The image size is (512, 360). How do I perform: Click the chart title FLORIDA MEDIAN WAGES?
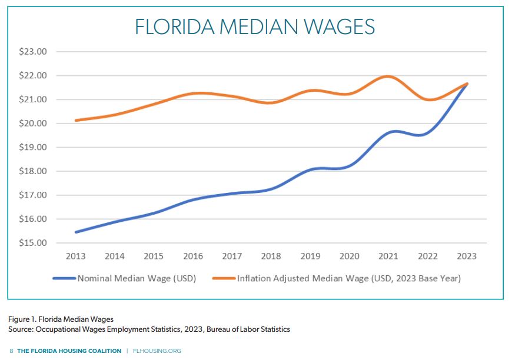255,27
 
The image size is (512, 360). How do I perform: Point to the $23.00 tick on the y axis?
34,52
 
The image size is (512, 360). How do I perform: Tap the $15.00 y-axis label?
34,243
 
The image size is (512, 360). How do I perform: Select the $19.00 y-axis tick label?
34,148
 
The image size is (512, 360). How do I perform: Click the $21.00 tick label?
34,99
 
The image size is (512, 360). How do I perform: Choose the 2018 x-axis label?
271,256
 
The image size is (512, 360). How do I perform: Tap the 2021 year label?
388,256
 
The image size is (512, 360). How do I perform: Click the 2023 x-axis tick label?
466,256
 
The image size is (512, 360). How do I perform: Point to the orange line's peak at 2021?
388,76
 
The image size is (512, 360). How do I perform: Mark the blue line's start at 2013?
76,232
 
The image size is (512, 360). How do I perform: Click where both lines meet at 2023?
466,84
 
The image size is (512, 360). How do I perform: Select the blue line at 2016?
193,200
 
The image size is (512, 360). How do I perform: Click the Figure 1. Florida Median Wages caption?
61,319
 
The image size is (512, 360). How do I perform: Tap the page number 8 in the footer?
11,351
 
